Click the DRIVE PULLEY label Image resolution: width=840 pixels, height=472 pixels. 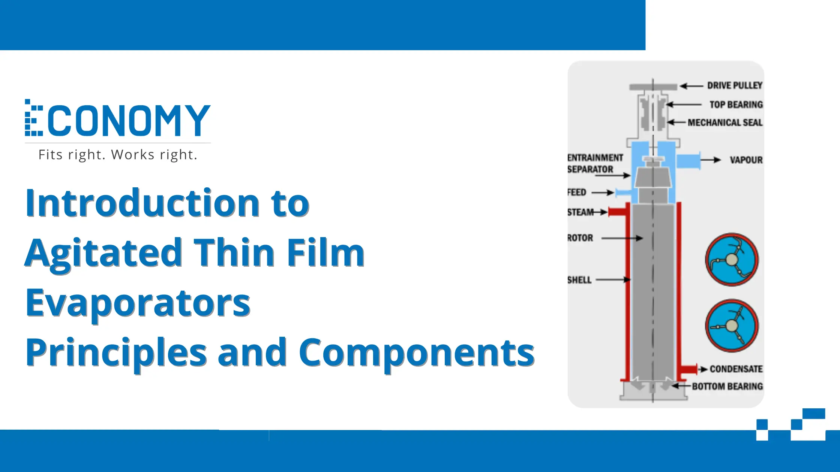(x=735, y=85)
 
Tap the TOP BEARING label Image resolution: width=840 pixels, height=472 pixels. (x=736, y=105)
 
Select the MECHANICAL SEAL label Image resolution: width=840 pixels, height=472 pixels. (x=725, y=122)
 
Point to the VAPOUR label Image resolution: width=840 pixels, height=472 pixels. (x=746, y=160)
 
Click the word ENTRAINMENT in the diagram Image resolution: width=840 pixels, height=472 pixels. (x=595, y=158)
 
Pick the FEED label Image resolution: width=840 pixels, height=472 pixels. (x=577, y=192)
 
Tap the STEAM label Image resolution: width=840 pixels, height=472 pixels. (x=580, y=212)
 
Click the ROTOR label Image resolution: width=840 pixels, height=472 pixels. (x=580, y=238)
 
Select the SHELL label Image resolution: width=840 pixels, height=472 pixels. (x=579, y=280)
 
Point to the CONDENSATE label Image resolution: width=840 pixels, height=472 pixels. (x=736, y=369)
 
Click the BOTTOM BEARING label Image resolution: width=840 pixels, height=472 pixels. (x=727, y=386)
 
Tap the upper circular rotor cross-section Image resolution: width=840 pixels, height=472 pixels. (x=732, y=260)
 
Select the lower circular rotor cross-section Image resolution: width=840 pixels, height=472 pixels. (x=732, y=326)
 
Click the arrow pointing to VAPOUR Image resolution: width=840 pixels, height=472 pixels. (x=711, y=160)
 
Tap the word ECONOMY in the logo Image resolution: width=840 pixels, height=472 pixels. (x=118, y=119)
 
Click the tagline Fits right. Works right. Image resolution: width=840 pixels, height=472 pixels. (x=118, y=155)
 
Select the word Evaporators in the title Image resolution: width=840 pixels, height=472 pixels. (x=138, y=303)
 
